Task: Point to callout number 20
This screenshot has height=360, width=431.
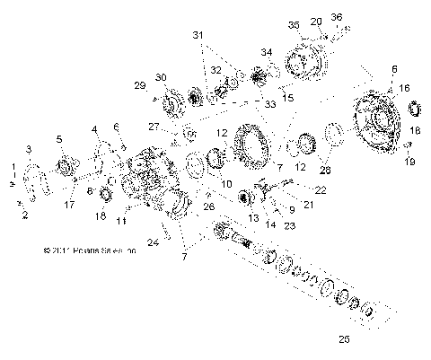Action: click(315, 21)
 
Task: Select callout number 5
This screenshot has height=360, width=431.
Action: click(59, 139)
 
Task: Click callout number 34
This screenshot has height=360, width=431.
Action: click(267, 53)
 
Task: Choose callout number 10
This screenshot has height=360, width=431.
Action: click(227, 183)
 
